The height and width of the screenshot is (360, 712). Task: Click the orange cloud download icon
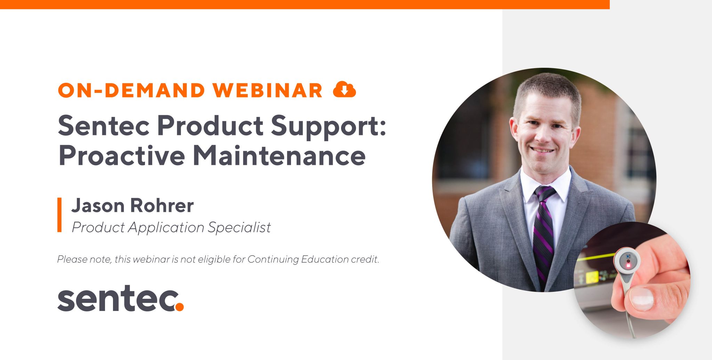344,89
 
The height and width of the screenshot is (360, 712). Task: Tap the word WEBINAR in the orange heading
268,90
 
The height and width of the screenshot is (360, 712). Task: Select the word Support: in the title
329,127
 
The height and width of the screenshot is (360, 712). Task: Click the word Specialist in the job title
239,227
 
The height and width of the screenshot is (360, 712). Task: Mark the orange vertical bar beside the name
59,215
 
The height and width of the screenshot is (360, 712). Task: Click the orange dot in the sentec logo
179,306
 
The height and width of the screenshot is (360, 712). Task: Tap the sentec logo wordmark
120,298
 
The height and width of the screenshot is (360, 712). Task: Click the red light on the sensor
628,266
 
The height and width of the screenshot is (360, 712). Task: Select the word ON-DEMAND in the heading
132,90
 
